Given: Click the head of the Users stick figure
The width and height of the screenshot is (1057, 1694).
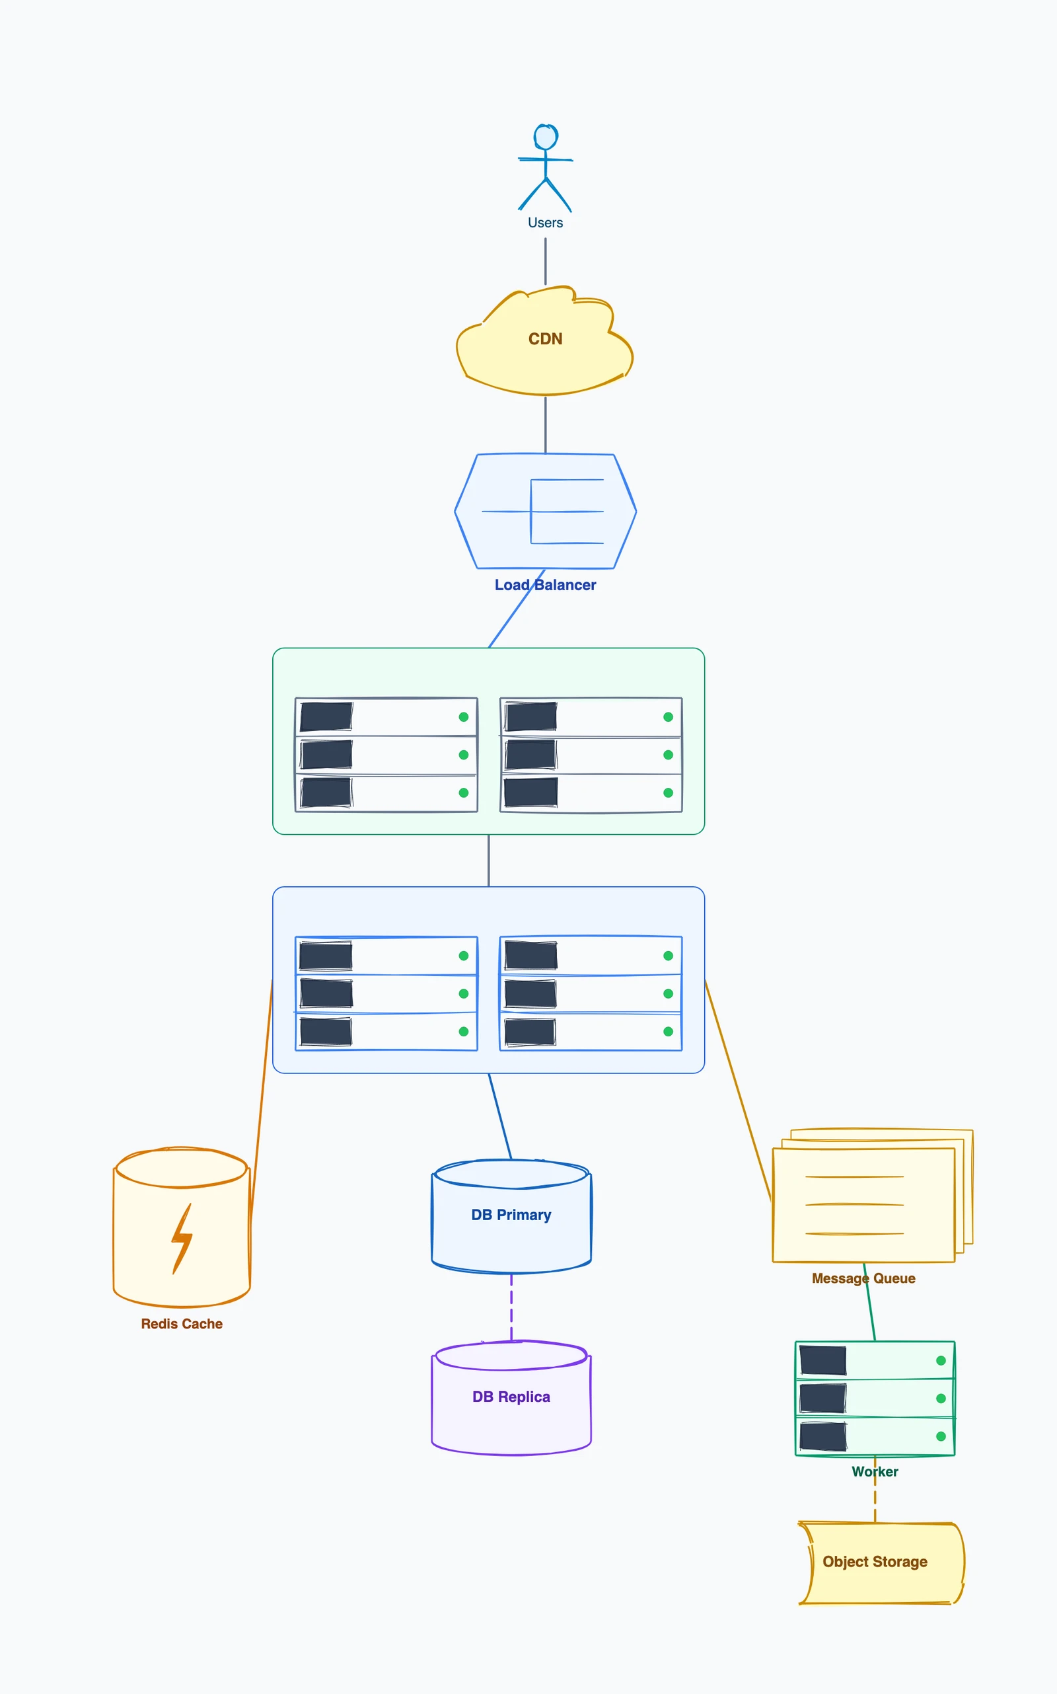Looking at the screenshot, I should (x=545, y=136).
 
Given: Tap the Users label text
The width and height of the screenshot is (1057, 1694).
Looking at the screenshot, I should (x=545, y=223).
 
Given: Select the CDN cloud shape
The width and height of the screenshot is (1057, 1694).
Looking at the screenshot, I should (x=544, y=350).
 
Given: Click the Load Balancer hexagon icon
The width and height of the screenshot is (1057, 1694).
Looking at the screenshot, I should (x=545, y=512).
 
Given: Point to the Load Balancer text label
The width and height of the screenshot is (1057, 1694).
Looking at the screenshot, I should (x=545, y=585).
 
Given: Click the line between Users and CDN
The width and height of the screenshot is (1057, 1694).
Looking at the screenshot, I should (x=545, y=261).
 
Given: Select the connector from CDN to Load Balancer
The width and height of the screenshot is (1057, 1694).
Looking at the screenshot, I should (x=545, y=424).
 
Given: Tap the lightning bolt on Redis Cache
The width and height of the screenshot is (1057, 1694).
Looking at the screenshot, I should (x=182, y=1238).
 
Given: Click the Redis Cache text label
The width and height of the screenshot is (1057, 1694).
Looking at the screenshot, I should (x=182, y=1323).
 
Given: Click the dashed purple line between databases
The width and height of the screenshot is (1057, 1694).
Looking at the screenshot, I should (x=511, y=1307).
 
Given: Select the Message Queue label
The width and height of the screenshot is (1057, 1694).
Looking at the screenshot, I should (x=863, y=1278).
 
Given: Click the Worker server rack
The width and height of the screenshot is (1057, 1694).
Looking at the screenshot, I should (x=875, y=1398).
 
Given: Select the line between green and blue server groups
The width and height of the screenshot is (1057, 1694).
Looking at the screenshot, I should (x=489, y=861).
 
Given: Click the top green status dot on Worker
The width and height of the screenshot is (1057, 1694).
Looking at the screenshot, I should (x=940, y=1360).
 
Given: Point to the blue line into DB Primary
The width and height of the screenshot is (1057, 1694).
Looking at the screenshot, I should (x=500, y=1116).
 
